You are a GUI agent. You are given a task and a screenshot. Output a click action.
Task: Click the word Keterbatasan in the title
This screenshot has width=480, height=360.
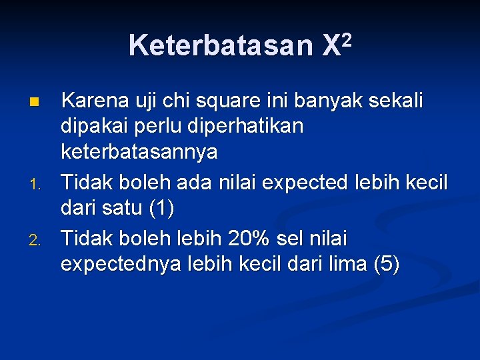220,45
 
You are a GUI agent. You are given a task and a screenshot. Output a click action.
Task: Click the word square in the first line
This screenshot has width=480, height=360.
221,102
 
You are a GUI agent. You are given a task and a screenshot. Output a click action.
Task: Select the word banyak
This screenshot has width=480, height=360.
327,102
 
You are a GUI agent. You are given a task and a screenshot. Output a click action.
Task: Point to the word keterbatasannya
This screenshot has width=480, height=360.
139,153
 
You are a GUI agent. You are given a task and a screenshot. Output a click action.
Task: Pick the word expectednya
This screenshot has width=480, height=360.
120,265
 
